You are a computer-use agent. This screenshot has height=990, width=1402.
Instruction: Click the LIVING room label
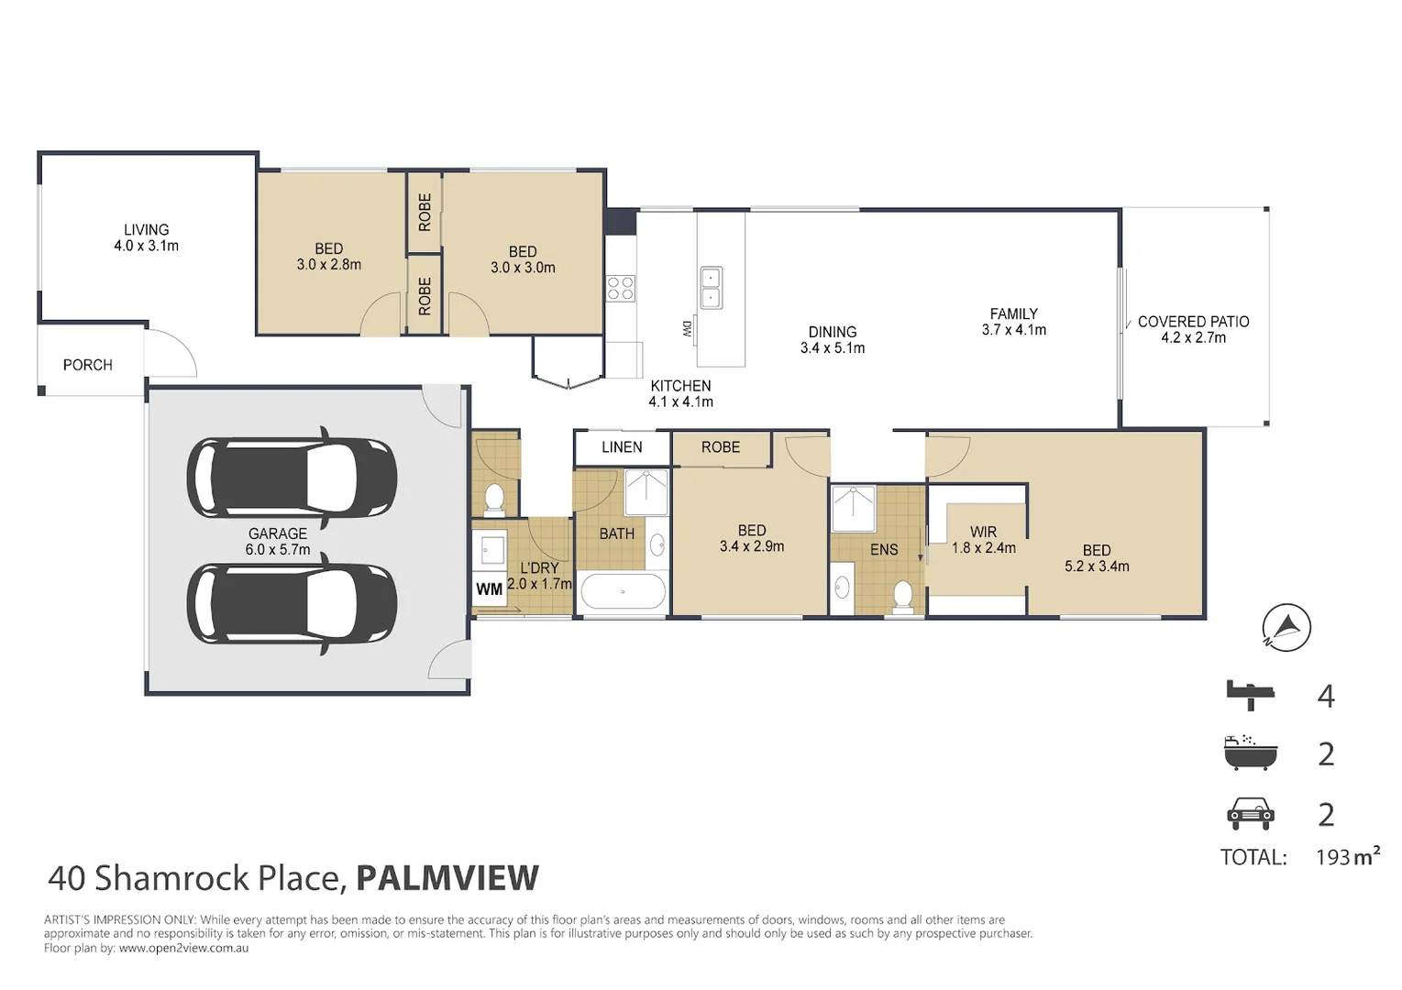click(146, 230)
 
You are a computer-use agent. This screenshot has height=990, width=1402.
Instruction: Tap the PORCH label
click(88, 365)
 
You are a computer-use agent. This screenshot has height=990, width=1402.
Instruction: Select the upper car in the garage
click(292, 478)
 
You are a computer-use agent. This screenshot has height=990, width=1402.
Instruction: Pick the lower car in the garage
click(292, 603)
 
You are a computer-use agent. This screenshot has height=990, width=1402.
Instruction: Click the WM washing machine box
click(489, 588)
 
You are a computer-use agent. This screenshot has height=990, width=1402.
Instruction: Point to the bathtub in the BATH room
click(623, 591)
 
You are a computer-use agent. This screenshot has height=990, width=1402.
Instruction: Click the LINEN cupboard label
click(622, 446)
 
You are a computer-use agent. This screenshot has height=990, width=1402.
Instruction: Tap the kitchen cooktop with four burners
click(620, 289)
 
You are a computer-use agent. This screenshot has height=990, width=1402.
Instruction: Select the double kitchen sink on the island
click(711, 288)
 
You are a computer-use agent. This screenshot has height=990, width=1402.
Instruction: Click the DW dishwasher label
click(687, 329)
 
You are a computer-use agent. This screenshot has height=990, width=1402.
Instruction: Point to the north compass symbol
click(1286, 627)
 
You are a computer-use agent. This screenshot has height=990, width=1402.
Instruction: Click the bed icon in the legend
click(1250, 695)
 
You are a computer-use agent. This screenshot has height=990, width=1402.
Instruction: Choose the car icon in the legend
click(1250, 814)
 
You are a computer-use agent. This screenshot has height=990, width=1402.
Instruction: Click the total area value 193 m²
click(1348, 856)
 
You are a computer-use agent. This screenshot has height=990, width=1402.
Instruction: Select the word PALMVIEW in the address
click(447, 877)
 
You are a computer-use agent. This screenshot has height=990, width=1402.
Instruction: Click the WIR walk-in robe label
click(983, 532)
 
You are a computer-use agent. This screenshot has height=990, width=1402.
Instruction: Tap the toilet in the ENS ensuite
click(902, 594)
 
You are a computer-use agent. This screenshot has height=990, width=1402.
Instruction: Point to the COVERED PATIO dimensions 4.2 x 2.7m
click(1194, 338)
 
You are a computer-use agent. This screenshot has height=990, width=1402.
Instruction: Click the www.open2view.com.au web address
click(184, 948)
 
